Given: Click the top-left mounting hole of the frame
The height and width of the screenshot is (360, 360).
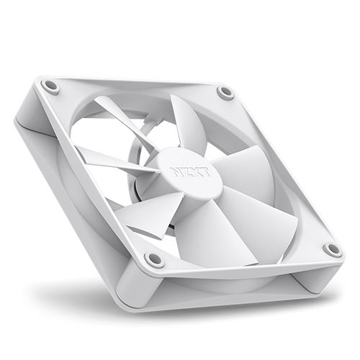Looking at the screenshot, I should pyautogui.click(x=50, y=86).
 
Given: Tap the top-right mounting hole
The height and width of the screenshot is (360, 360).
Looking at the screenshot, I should pyautogui.click(x=225, y=92).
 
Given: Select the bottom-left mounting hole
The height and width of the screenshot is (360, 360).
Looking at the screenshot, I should pyautogui.click(x=153, y=258).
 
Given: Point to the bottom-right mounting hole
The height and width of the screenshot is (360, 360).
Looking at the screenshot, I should pyautogui.click(x=332, y=249).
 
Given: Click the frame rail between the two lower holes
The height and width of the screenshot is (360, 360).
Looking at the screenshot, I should pyautogui.click(x=245, y=261).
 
